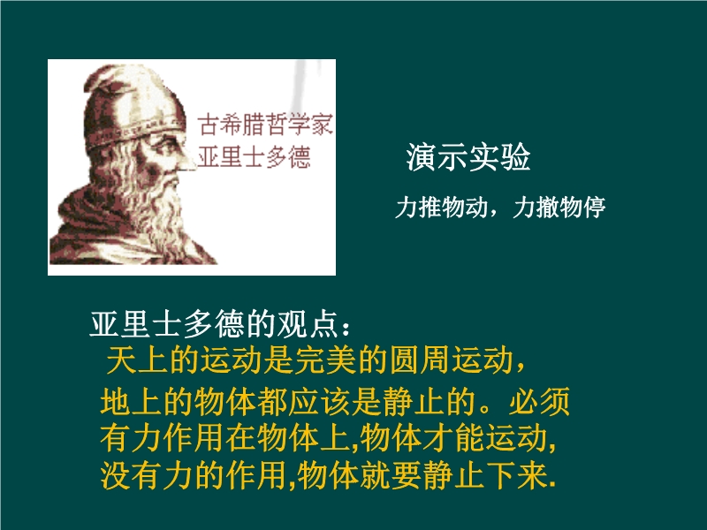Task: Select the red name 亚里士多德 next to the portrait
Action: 254,157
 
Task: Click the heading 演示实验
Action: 468,157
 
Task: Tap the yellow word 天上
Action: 138,360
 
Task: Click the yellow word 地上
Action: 131,401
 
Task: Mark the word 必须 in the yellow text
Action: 539,401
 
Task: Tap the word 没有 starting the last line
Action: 131,475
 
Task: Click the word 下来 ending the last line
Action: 517,475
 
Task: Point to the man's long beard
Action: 163,212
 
